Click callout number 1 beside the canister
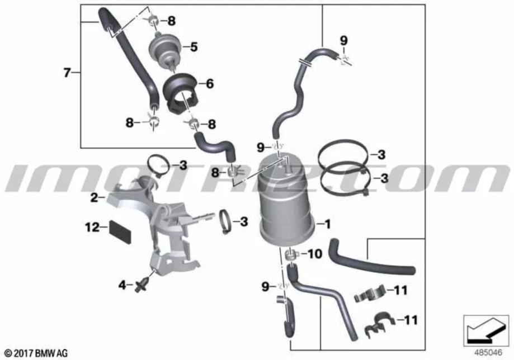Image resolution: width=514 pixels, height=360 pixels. (x=327, y=224)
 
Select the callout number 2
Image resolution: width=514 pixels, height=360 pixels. (x=94, y=197)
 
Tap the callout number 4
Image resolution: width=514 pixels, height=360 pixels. (x=122, y=285)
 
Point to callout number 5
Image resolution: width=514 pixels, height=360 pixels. (x=194, y=47)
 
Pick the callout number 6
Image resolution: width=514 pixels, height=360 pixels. (x=210, y=83)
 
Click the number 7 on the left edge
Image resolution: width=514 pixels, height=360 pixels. (x=67, y=73)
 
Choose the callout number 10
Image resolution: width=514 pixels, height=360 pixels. (x=315, y=254)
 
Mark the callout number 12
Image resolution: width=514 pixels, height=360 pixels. (x=92, y=227)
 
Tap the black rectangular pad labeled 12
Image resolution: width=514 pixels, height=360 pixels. (x=120, y=231)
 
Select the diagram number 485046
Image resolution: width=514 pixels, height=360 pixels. (x=488, y=353)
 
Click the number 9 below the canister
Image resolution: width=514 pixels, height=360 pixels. (x=265, y=287)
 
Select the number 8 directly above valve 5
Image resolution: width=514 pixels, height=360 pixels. (x=172, y=21)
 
